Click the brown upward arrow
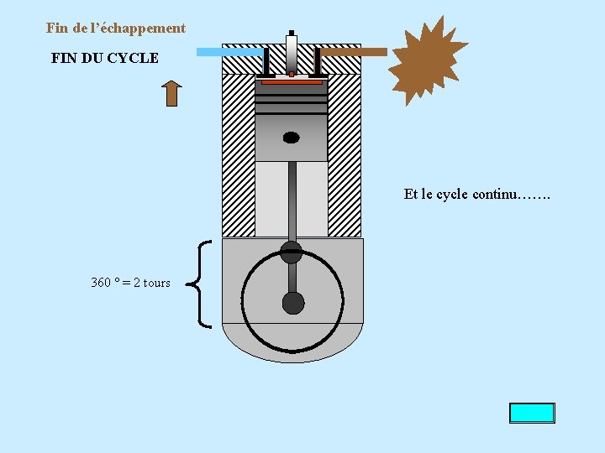[x=171, y=93]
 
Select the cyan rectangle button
[x=531, y=413]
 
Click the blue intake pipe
[x=229, y=52]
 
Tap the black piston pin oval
[x=291, y=138]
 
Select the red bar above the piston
[x=292, y=82]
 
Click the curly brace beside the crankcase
[x=203, y=283]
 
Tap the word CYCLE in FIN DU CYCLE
[x=134, y=59]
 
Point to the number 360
[x=101, y=283]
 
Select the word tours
[x=156, y=283]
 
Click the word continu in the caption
[x=494, y=195]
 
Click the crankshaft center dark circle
[x=292, y=303]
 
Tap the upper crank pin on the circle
[x=291, y=250]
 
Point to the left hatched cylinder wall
[x=238, y=155]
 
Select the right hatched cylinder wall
[x=345, y=155]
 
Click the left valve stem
[x=266, y=61]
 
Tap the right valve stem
[x=318, y=61]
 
